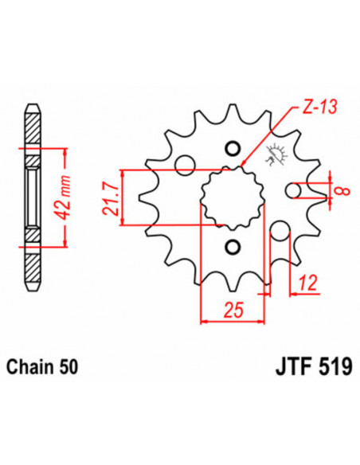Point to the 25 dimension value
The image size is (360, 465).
pyautogui.click(x=232, y=309)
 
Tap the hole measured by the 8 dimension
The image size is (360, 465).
pyautogui.click(x=293, y=191)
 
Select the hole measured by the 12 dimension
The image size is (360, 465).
pyautogui.click(x=280, y=233)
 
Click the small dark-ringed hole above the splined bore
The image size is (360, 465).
pyautogui.click(x=232, y=147)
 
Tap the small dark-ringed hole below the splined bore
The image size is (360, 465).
pyautogui.click(x=232, y=246)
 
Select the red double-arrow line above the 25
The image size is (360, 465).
pyautogui.click(x=232, y=322)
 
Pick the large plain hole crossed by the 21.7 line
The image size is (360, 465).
pyautogui.click(x=184, y=164)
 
